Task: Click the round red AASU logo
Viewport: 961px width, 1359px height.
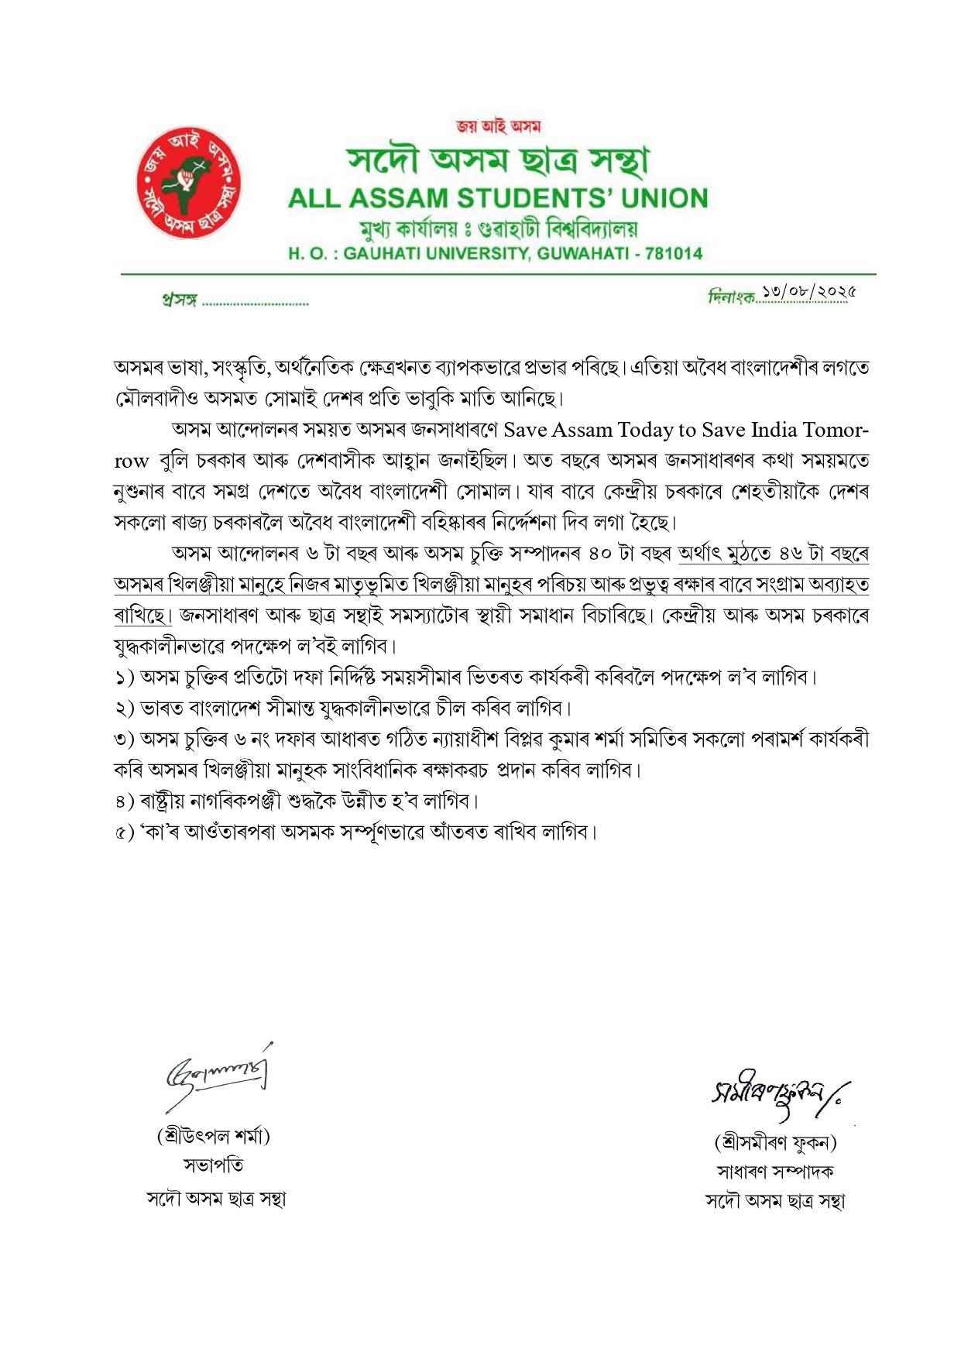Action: pos(189,183)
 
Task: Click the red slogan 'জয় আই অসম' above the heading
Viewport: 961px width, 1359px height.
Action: pos(498,126)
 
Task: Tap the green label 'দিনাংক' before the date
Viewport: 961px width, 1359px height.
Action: pos(730,297)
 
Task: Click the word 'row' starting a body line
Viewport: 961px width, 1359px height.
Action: pos(131,462)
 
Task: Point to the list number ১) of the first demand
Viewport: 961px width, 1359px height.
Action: pos(124,678)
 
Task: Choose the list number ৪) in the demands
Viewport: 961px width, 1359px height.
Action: pos(124,801)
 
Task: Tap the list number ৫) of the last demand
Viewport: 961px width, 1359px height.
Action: pos(124,832)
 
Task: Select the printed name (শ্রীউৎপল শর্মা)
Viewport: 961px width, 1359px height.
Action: pos(214,1137)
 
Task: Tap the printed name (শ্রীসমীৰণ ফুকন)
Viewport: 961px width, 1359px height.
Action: pos(775,1142)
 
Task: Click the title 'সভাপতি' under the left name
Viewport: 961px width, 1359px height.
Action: pos(214,1165)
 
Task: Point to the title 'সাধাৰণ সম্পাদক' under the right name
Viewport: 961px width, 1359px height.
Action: pos(775,1172)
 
